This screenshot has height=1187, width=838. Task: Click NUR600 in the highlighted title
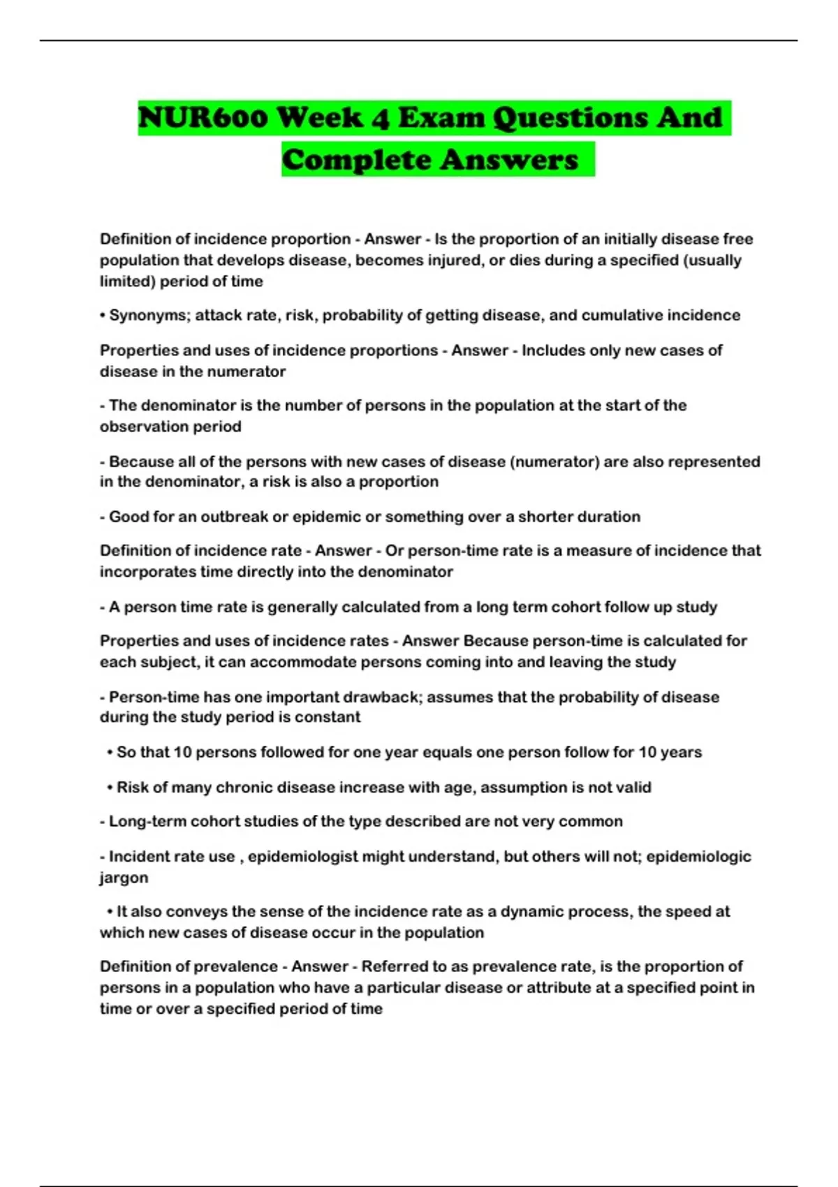click(x=203, y=117)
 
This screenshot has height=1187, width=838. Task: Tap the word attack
click(x=217, y=316)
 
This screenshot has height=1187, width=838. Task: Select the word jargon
click(x=124, y=878)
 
